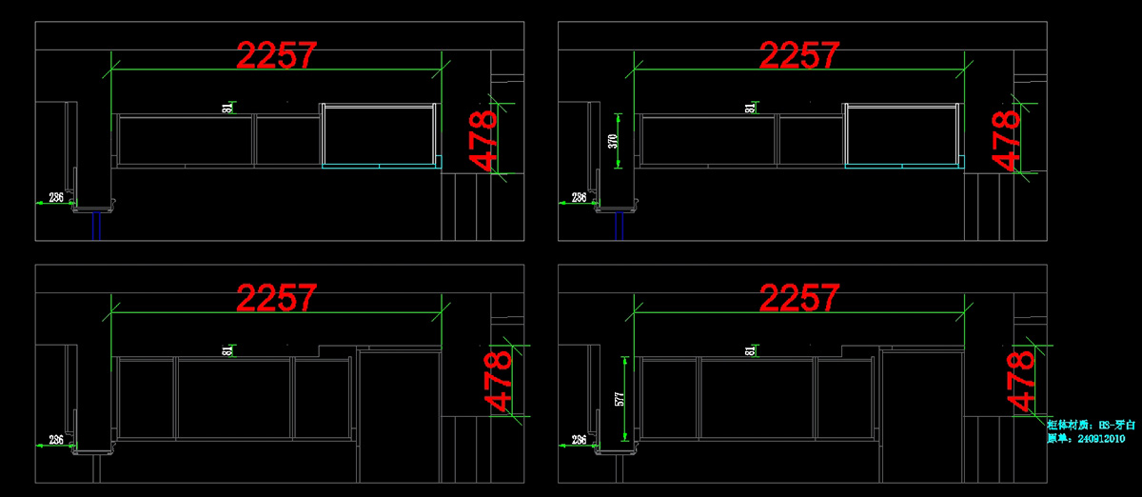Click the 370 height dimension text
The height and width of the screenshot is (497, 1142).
614,142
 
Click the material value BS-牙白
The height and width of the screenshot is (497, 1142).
1112,425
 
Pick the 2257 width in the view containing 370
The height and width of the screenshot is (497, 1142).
800,55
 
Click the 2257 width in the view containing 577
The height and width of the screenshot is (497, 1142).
800,298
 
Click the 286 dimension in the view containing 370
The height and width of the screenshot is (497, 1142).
579,197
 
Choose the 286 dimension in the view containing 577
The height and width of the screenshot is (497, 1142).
579,440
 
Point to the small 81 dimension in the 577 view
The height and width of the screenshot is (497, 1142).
751,351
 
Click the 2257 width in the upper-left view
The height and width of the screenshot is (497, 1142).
277,55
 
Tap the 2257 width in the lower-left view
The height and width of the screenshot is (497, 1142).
277,298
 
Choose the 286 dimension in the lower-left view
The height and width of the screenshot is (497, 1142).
56,440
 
